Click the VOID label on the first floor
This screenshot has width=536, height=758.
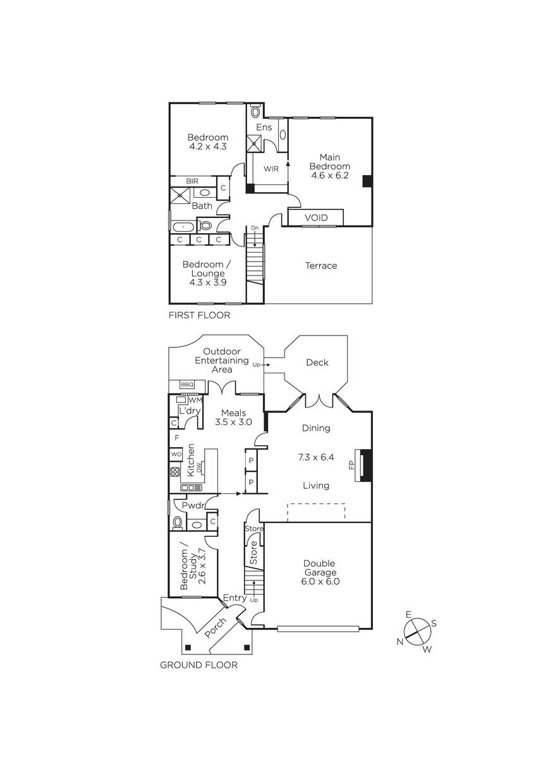click(316, 217)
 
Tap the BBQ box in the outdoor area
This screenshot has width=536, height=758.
click(187, 385)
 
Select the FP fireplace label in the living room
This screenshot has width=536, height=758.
click(351, 465)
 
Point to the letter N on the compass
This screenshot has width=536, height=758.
click(400, 641)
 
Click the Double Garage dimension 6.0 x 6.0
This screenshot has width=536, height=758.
click(320, 581)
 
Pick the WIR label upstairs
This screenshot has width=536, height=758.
click(271, 169)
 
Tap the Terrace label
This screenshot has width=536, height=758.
click(321, 266)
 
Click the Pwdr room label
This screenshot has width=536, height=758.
click(193, 505)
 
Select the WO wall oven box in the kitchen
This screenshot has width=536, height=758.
click(176, 454)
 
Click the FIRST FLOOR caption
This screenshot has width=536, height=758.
click(200, 315)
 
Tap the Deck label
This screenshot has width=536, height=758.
click(317, 363)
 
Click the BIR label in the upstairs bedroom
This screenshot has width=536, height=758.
click(192, 181)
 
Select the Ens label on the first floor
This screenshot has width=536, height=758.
click(264, 127)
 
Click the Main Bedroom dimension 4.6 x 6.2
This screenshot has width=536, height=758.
click(329, 176)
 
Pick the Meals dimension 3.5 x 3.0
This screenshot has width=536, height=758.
click(233, 422)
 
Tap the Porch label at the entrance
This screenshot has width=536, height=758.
click(216, 629)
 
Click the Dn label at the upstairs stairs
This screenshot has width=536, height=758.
click(254, 228)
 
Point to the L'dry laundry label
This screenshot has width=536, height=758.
click(190, 411)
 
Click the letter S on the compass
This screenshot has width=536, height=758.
click(434, 623)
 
